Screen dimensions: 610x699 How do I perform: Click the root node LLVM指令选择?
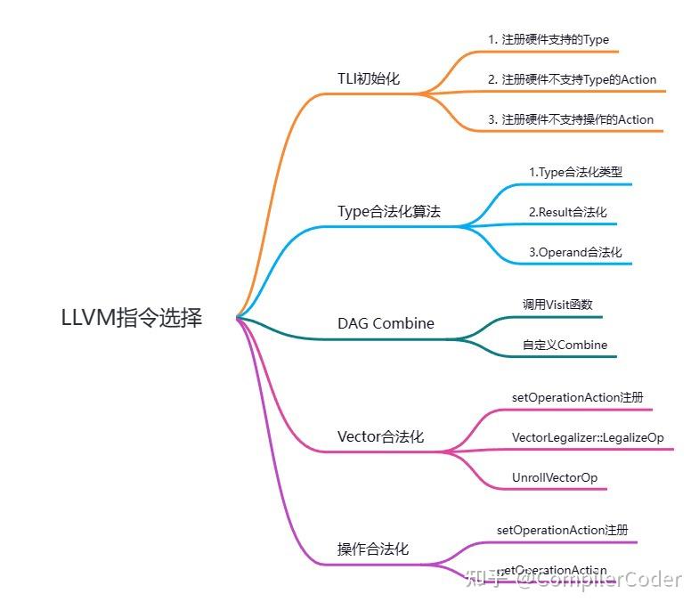click(x=132, y=318)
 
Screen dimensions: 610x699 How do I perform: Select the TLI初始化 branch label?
click(x=369, y=78)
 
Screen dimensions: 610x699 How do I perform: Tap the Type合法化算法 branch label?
click(x=389, y=212)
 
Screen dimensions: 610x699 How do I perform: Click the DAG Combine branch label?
click(x=386, y=323)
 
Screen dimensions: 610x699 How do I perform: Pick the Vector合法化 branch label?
click(x=380, y=436)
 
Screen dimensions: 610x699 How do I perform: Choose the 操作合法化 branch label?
click(x=373, y=549)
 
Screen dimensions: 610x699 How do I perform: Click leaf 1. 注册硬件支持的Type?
click(x=548, y=39)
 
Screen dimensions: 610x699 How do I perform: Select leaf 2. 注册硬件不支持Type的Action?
click(x=572, y=79)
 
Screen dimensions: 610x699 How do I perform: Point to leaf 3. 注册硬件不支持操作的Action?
click(x=570, y=119)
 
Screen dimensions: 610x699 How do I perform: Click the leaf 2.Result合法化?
click(x=567, y=212)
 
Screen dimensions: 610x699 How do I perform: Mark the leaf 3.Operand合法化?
click(x=575, y=252)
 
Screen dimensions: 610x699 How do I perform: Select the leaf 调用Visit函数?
click(x=557, y=305)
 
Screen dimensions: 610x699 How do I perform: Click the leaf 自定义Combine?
click(x=565, y=345)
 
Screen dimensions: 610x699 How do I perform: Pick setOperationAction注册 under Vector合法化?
click(x=578, y=397)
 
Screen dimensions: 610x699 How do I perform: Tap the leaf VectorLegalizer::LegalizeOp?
click(x=588, y=437)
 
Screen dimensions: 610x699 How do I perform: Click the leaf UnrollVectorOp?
click(x=555, y=477)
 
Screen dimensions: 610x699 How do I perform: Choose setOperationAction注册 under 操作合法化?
click(x=563, y=530)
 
